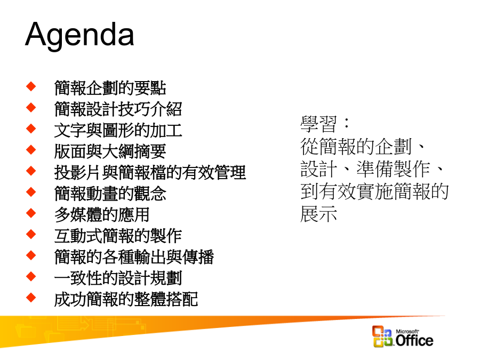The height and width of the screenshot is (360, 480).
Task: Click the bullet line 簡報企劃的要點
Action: (x=110, y=88)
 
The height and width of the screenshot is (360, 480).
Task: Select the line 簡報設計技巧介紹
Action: (x=118, y=109)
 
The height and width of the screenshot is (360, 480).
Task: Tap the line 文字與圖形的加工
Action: (x=118, y=130)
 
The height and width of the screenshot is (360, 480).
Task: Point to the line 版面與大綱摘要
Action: (x=110, y=151)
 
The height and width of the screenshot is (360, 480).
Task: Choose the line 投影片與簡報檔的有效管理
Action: (x=150, y=172)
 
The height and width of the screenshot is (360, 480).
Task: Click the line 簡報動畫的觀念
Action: (x=110, y=194)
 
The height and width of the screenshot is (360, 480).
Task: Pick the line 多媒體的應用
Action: (x=102, y=214)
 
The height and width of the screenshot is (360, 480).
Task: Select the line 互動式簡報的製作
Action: (x=118, y=236)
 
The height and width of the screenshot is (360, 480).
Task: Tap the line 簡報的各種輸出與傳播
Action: (x=134, y=257)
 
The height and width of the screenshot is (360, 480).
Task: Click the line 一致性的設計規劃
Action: (x=118, y=278)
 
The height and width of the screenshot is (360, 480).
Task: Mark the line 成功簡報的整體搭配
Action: (x=126, y=299)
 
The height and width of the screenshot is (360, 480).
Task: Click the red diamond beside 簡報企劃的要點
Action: (x=31, y=86)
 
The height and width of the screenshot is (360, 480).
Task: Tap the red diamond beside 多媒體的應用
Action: (x=31, y=213)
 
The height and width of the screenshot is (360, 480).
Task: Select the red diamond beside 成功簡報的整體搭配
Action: (x=31, y=298)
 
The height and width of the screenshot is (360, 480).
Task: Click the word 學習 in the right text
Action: (x=319, y=124)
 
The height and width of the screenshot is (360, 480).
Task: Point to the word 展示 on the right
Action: (x=319, y=213)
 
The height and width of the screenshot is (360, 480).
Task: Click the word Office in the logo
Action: (x=414, y=340)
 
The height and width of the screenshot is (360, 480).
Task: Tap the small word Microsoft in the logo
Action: (x=407, y=331)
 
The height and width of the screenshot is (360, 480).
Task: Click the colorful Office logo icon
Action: (x=382, y=337)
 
